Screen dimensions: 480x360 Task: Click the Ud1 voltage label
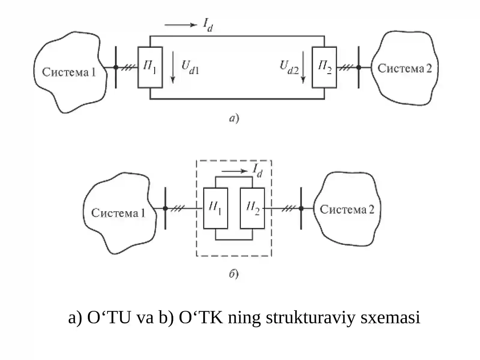[x=190, y=67]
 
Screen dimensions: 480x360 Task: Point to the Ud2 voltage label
[x=289, y=67]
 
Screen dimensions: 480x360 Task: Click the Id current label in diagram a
[x=208, y=25]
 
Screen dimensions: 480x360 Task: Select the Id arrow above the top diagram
[x=181, y=25]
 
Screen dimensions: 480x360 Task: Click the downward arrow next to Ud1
[x=173, y=67]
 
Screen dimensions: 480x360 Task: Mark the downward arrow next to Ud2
[x=303, y=67]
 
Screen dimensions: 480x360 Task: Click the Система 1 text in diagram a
[x=69, y=72]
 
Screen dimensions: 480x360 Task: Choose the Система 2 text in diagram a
[x=405, y=68]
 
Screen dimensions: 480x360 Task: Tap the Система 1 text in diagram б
[x=118, y=213]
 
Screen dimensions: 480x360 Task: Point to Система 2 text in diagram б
[x=347, y=209]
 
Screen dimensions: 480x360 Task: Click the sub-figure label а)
[x=234, y=118]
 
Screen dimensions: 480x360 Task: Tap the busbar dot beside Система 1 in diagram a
[x=116, y=67]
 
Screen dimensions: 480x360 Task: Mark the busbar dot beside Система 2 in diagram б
[x=301, y=208]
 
